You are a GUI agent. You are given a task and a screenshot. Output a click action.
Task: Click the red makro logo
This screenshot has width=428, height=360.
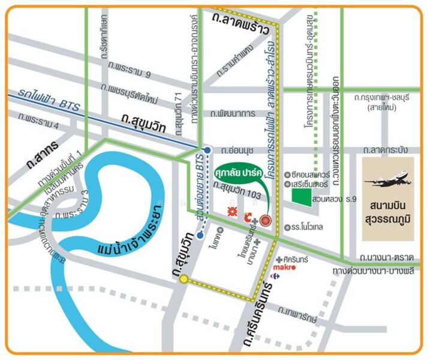[284, 268]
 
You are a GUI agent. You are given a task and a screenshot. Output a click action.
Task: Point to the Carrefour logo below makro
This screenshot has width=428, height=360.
[275, 276]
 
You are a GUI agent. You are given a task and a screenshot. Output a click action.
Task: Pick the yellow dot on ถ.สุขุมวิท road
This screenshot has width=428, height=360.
[183, 279]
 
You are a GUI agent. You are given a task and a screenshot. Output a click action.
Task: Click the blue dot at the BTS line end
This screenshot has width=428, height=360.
[207, 150]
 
